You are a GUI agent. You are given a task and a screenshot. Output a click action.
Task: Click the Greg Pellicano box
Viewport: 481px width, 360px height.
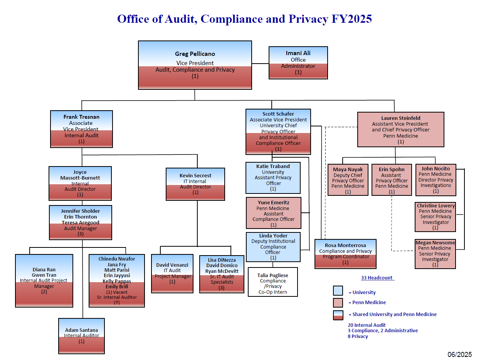tap(195, 65)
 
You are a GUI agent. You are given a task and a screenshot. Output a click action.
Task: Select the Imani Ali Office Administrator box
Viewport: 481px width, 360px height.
tap(298, 63)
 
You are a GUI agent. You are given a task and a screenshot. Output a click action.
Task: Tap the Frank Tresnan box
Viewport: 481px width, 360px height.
tap(81, 129)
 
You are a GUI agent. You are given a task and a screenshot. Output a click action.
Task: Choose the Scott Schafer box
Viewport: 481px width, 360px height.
tap(278, 132)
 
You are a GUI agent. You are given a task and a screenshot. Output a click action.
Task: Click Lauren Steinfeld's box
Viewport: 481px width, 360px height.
tap(400, 130)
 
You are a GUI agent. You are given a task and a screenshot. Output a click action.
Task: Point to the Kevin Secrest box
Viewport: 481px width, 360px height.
tap(195, 184)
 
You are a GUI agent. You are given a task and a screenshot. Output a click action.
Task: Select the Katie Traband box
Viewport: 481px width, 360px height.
tap(273, 178)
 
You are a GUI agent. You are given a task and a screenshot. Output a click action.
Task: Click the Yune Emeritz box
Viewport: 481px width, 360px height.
tap(273, 213)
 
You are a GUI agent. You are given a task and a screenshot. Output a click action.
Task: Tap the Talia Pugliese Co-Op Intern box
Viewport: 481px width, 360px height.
tap(272, 282)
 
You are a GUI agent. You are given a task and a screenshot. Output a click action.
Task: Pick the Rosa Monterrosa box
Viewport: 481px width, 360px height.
tap(345, 254)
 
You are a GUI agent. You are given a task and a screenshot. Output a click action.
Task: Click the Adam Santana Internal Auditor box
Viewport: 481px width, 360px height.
tap(81, 336)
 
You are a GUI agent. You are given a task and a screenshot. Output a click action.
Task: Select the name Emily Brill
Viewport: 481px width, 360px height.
tap(117, 287)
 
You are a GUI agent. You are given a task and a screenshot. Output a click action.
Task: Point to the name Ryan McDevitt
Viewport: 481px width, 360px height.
tap(222, 271)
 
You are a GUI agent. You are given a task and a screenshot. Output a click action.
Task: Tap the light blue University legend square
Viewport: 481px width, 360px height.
tap(338, 291)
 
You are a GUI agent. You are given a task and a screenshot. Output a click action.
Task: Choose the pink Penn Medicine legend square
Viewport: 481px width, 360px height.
tap(338, 303)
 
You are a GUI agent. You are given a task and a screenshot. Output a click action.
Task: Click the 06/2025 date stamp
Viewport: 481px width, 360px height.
tap(459, 354)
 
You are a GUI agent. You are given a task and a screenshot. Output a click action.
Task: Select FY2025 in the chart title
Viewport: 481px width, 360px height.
tap(351, 19)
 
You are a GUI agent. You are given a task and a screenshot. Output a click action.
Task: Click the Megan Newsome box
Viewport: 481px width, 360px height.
tap(435, 254)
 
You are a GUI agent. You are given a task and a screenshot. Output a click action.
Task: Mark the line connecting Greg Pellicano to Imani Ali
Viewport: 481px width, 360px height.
tap(260, 64)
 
